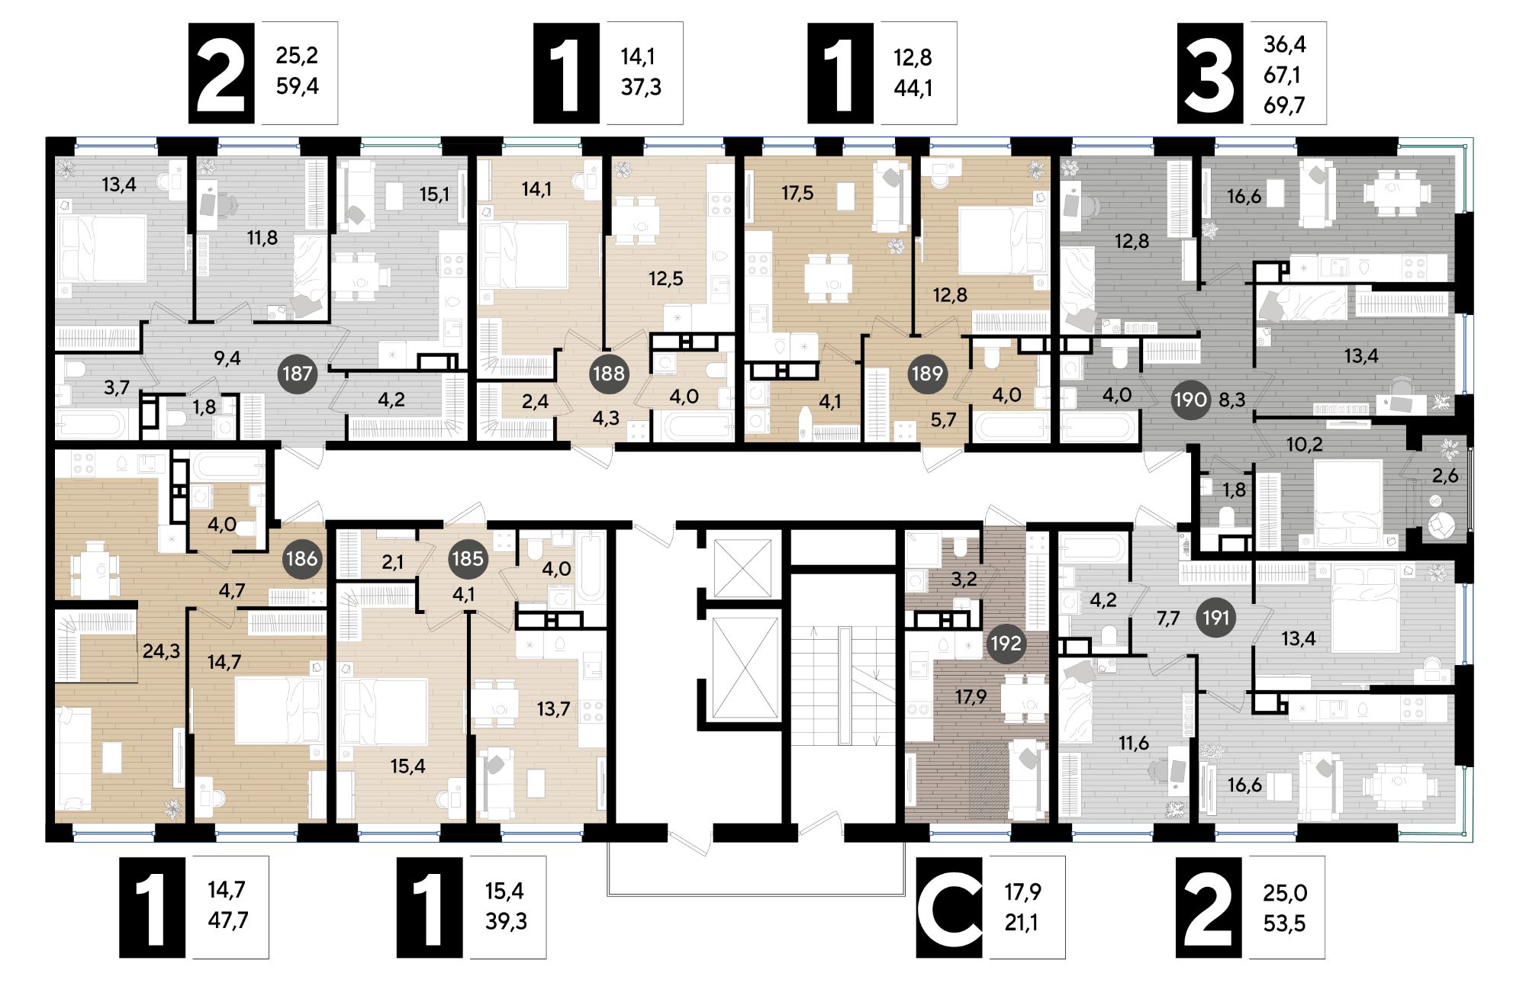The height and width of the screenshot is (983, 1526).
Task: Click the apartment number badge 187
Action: point(297,374)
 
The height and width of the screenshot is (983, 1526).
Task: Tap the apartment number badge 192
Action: point(1005,643)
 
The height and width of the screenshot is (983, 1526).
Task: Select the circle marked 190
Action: point(1190,400)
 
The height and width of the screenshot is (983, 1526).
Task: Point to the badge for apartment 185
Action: point(468,558)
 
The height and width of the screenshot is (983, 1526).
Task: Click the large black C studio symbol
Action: point(949,908)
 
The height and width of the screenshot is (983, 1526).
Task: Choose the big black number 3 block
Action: point(1210,73)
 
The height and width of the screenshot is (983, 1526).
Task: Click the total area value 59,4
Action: point(297,86)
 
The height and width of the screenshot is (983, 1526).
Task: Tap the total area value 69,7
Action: point(1284,105)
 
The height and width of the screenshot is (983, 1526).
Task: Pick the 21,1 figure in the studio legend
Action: point(1022,923)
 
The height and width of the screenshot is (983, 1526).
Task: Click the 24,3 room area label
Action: point(161,651)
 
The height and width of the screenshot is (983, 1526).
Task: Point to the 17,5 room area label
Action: point(797,193)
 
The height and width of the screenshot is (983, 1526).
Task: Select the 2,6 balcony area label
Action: point(1444,476)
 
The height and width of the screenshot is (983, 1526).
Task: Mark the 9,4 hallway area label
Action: point(227,358)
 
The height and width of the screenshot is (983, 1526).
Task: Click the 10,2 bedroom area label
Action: point(1304,444)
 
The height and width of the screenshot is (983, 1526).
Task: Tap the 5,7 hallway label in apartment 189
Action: point(943,420)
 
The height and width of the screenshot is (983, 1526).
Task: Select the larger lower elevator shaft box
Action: point(744,668)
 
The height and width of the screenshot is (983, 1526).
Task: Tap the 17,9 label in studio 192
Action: point(971,696)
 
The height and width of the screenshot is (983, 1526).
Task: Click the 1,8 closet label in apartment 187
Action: point(204,406)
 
